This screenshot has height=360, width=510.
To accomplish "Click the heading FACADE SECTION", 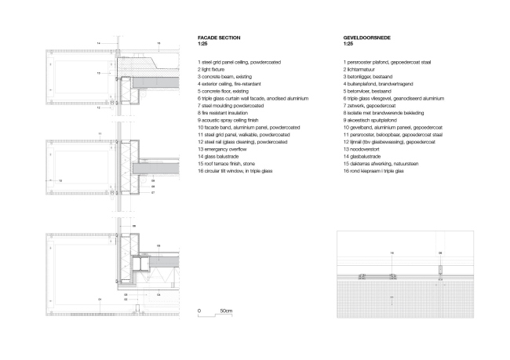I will click(x=219, y=38).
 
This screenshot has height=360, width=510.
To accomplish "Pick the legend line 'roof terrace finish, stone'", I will click(x=231, y=162).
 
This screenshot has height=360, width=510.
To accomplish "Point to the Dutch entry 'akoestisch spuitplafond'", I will click(x=375, y=119).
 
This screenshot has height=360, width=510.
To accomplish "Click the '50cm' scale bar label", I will click(x=227, y=311).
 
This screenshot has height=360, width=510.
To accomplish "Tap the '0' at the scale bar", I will click(x=199, y=311).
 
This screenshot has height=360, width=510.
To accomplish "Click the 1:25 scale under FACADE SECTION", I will click(x=202, y=45).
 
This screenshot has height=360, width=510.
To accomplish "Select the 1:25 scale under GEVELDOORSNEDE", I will click(x=348, y=45).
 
